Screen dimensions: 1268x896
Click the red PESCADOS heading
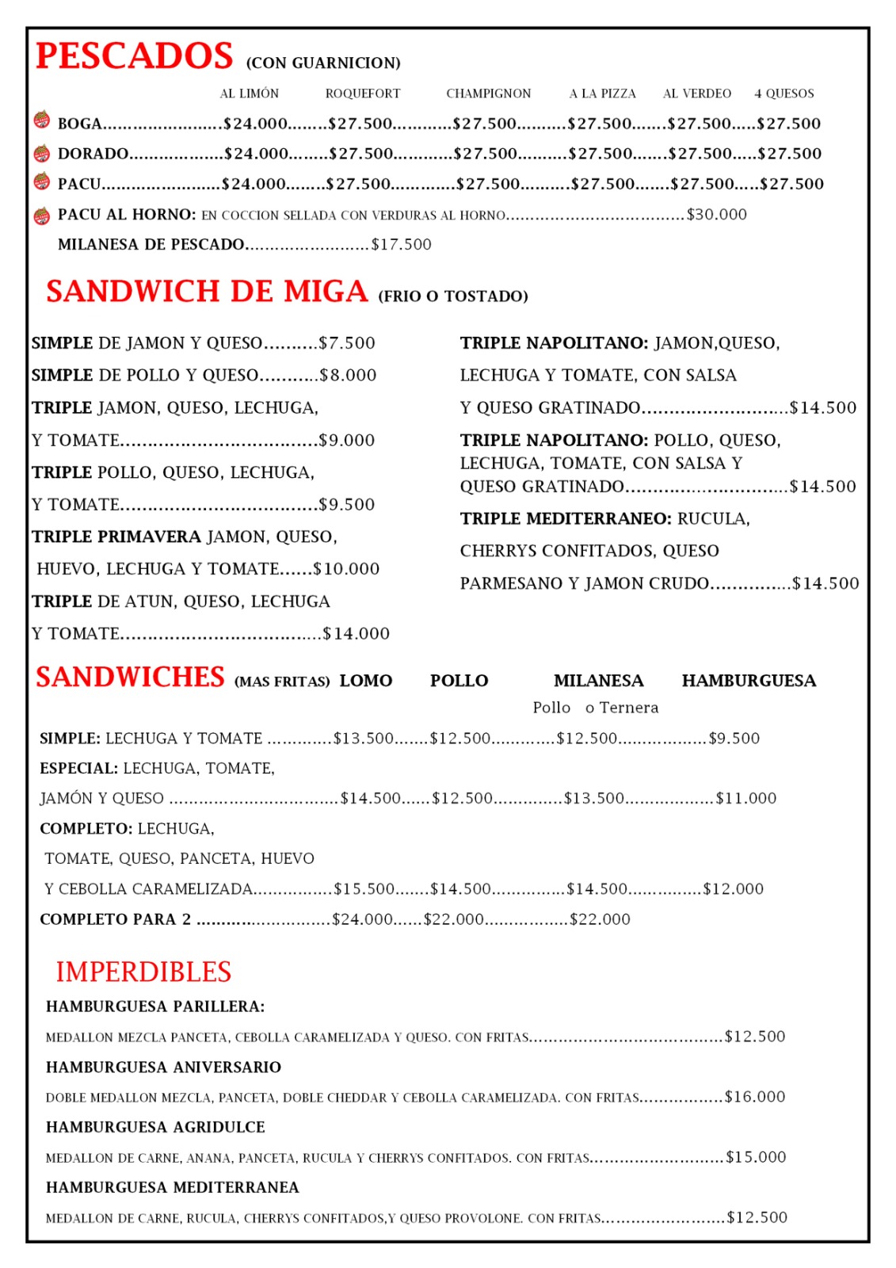pyautogui.click(x=135, y=56)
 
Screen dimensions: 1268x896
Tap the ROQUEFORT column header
pyautogui.click(x=363, y=94)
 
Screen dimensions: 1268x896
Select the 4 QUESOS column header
pyautogui.click(x=784, y=94)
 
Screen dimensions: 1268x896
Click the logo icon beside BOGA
pyautogui.click(x=42, y=120)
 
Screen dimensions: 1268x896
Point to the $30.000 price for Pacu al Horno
pyautogui.click(x=716, y=215)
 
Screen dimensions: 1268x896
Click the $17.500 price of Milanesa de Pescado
pyautogui.click(x=402, y=245)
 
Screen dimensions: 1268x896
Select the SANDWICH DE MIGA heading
pyautogui.click(x=207, y=292)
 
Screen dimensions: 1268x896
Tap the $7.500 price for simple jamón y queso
pyautogui.click(x=347, y=343)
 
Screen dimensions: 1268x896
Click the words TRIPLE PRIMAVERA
pyautogui.click(x=116, y=537)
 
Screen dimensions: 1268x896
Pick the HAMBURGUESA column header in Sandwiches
pyautogui.click(x=749, y=681)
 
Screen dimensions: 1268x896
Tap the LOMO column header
pyautogui.click(x=366, y=681)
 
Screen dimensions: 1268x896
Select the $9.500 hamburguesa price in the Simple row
pyautogui.click(x=734, y=739)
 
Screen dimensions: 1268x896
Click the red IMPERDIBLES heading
pyautogui.click(x=143, y=972)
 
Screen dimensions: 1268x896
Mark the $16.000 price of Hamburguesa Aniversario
pyautogui.click(x=755, y=1097)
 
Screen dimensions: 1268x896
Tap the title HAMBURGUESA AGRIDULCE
pyautogui.click(x=155, y=1127)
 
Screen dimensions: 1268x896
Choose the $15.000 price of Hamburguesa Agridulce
pyautogui.click(x=756, y=1157)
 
